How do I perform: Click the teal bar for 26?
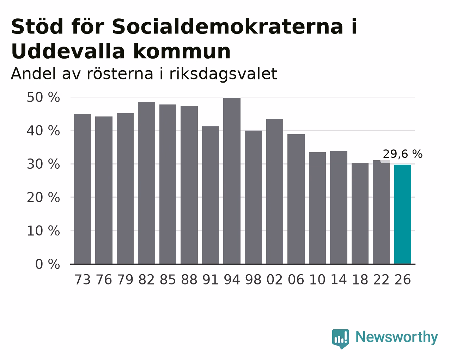(x=402, y=214)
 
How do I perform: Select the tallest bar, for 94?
(x=232, y=181)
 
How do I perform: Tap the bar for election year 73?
(x=83, y=189)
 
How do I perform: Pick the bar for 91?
(x=210, y=195)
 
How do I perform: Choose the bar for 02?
(x=275, y=192)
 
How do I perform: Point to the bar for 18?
(x=360, y=213)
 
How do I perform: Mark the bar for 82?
(x=146, y=183)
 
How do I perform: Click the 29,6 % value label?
(x=402, y=154)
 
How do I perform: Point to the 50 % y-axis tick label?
(x=43, y=97)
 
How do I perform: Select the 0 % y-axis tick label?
(x=48, y=264)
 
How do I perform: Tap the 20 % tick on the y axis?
(x=43, y=197)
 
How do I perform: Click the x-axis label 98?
(x=253, y=280)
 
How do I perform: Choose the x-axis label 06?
(x=296, y=280)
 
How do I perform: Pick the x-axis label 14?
(x=339, y=280)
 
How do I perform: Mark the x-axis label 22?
(x=381, y=280)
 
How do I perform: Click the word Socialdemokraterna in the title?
(x=227, y=26)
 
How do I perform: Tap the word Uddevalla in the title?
(x=68, y=51)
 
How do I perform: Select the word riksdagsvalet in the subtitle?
(x=223, y=74)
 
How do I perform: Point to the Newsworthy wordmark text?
(x=397, y=337)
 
